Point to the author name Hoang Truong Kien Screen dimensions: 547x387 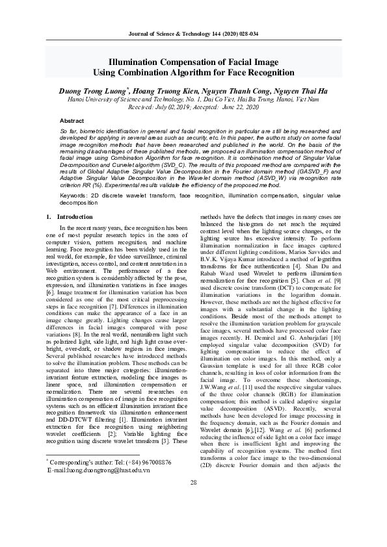coord(168,92)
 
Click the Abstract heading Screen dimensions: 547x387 coord(72,121)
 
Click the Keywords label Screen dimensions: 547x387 coord(77,195)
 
